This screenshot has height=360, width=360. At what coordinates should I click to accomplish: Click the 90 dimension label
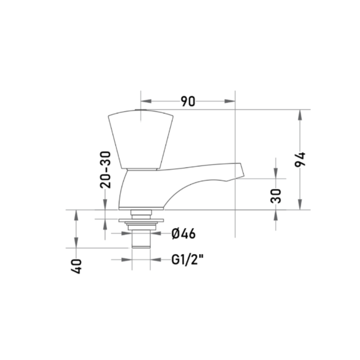pos(188,101)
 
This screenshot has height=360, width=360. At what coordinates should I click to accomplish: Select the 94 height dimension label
pos(300,159)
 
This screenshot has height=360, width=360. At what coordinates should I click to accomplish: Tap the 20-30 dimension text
pos(105,169)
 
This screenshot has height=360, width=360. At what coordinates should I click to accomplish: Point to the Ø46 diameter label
pos(183,234)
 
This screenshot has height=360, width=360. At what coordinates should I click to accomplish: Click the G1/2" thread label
pos(187,260)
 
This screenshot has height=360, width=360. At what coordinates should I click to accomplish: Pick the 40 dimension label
pos(76,266)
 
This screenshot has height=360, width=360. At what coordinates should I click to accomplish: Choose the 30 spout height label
pos(276,196)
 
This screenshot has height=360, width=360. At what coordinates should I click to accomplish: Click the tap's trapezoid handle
pos(141,140)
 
